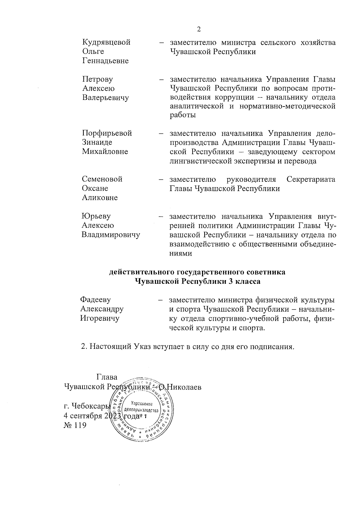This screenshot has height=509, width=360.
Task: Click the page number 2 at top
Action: tap(198, 29)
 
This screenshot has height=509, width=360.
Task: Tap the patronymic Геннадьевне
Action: tap(105, 61)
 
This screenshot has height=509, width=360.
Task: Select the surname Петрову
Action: tap(97, 79)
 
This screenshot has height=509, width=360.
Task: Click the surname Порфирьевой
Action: tap(107, 133)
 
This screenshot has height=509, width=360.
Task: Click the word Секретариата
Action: tap(311, 179)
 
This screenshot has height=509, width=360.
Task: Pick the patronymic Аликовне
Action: tap(100, 198)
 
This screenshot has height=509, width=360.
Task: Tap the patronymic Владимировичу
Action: tap(111, 235)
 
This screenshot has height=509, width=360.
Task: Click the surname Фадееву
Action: tap(96, 299)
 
